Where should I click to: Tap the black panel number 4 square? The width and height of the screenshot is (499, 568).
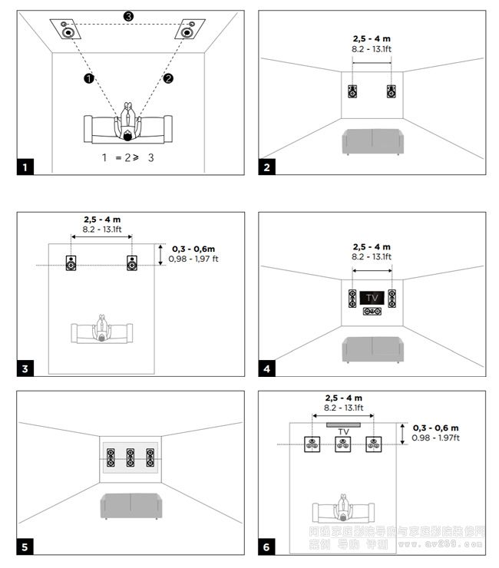coord(266,368)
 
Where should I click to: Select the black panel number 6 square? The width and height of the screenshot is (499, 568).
coord(266,547)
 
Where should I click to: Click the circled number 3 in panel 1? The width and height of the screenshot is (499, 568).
coord(128,16)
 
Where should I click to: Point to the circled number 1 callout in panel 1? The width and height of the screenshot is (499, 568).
coord(89,78)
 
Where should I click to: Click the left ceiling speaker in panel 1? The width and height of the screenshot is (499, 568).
coord(69,31)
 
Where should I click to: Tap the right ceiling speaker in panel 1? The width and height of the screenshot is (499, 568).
coord(186,31)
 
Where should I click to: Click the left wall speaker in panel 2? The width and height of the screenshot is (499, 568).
coord(352,91)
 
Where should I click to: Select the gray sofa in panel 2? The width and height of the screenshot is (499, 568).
coord(372,141)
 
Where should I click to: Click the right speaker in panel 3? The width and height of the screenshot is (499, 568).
coord(132,263)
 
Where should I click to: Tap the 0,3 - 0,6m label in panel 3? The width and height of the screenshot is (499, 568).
coord(193,249)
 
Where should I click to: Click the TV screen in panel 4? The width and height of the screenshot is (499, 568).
coord(372,297)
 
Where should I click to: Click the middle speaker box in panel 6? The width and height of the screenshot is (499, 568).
coord(342,443)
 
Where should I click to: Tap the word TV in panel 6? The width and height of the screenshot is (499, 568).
coord(343,432)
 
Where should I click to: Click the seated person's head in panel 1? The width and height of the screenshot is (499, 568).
coord(127,136)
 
